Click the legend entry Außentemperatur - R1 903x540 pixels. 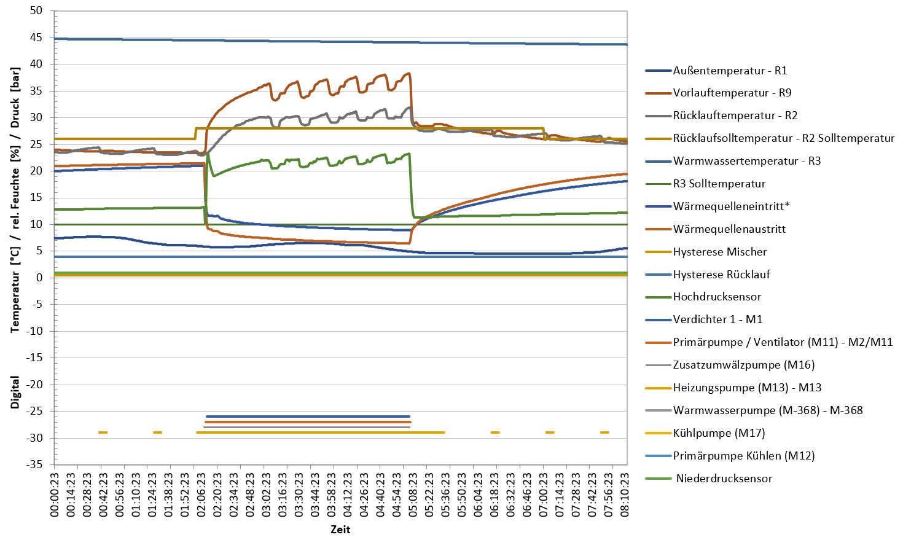point(730,71)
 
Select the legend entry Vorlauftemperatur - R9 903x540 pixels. point(732,93)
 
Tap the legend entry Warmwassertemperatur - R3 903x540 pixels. point(746,161)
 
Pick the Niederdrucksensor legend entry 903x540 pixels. point(724,479)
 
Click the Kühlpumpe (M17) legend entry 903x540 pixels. point(719,433)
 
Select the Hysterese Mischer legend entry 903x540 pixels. point(719,252)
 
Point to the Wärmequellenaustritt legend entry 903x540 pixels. point(729,229)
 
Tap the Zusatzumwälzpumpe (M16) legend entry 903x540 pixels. point(743,365)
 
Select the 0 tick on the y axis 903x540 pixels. point(39,278)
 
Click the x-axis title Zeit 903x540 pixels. point(340,530)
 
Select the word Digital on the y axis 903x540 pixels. point(15,392)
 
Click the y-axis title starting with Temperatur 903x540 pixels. point(15,200)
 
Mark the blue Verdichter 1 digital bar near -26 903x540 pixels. point(307,417)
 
